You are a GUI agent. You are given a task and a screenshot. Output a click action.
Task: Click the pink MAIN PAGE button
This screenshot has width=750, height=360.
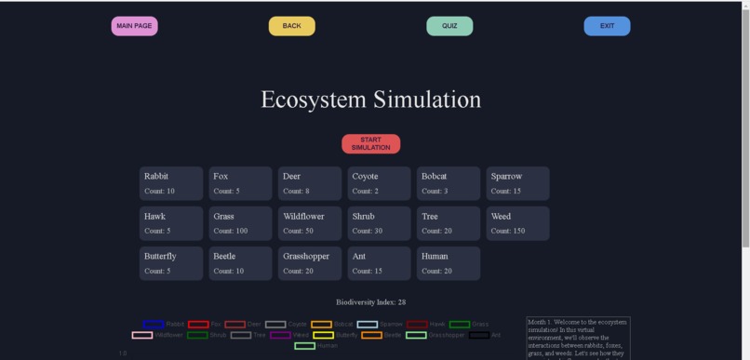coord(134,26)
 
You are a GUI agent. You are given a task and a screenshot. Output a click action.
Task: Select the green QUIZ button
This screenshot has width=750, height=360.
coord(449,26)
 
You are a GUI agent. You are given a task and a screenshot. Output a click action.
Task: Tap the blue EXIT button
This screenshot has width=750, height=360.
coord(607,26)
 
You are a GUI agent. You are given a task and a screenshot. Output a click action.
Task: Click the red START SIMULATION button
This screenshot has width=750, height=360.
coord(370,143)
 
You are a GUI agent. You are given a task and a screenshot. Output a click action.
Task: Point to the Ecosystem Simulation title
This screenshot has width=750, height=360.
coord(370,100)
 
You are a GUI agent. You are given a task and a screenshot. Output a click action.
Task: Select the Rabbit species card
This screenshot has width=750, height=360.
coord(170,183)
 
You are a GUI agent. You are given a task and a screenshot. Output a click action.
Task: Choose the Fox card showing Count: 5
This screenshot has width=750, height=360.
coord(240,183)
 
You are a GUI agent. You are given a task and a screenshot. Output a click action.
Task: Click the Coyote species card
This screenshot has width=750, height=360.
coord(379,183)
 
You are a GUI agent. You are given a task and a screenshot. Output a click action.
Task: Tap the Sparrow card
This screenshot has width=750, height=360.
coord(517,183)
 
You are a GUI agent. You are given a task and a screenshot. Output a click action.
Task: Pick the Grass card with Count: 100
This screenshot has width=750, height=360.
coord(240,223)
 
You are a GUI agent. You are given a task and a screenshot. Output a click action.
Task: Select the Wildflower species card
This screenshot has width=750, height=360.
coord(310,223)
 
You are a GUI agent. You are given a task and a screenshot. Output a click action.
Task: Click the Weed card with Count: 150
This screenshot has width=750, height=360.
coord(517,223)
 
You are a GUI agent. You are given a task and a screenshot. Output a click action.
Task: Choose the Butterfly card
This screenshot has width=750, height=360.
coord(170,263)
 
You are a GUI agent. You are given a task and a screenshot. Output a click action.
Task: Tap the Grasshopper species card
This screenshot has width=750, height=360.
coord(310,263)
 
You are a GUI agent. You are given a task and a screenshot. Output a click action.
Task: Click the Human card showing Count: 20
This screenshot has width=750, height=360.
coord(449,263)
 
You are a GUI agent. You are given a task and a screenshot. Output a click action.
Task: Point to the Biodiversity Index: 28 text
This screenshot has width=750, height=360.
coord(370,302)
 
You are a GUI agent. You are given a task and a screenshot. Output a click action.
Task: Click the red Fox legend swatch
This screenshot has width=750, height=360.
coord(198,325)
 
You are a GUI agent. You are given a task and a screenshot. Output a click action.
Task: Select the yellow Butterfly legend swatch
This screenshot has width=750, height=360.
coord(323,335)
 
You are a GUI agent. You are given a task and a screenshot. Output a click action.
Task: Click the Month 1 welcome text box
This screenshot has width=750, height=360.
coord(578,338)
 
